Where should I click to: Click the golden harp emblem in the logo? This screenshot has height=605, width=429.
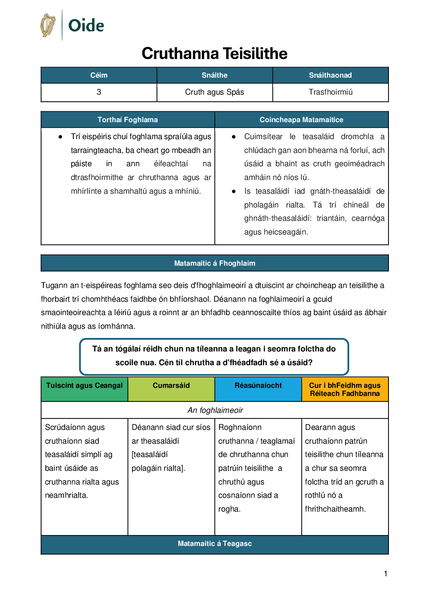pos(48,25)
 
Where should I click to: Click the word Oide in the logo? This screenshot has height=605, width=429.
pos(86,25)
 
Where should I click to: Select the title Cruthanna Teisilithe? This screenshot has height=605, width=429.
pos(214,53)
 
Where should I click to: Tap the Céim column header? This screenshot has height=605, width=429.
pos(99,75)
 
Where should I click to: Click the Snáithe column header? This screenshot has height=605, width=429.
pos(214,75)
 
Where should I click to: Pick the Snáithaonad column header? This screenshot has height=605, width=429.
pos(330,75)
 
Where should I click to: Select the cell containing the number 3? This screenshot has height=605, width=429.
pos(99,92)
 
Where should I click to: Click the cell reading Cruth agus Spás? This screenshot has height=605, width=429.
pos(214,92)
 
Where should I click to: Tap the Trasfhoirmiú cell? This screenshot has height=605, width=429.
pos(330,92)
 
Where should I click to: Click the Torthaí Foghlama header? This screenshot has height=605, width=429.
pos(128,120)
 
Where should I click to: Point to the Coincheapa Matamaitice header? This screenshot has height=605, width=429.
pos(301,120)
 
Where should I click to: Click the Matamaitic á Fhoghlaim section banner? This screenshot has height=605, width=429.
pos(214,263)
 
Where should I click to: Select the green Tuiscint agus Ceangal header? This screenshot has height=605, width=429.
pos(84,385)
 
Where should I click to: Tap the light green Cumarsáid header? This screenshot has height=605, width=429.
pos(171,385)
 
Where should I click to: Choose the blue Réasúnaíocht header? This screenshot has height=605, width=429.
pos(258,385)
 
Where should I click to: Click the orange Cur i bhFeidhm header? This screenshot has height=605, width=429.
pos(345,389)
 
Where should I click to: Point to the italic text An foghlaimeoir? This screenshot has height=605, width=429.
pos(215,410)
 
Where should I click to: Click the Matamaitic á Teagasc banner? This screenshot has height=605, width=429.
pos(214,544)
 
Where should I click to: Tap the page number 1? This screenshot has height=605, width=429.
pos(386,573)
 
